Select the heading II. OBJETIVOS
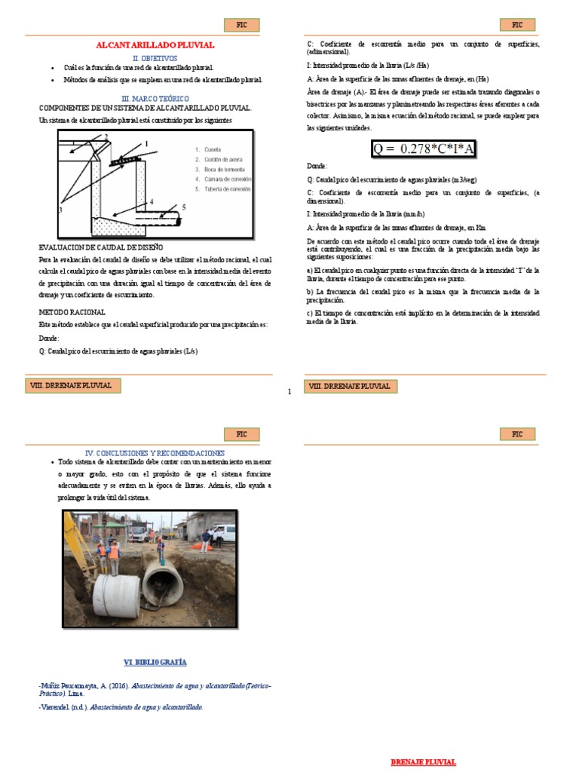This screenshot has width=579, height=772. [155, 58]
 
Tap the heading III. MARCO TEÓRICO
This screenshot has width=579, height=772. [155, 99]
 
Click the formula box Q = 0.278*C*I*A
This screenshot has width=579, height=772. [423, 149]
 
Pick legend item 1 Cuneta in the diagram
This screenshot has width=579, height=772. [207, 150]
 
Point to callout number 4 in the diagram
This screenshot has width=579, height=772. [152, 202]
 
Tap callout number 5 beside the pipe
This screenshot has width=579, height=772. [183, 206]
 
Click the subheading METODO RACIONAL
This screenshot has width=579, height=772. [72, 311]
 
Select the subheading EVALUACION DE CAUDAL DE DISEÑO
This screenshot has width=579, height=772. [100, 247]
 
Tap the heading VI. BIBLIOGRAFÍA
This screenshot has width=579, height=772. [155, 662]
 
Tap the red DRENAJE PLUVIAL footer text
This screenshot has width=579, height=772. [423, 762]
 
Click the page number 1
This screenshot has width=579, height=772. [289, 391]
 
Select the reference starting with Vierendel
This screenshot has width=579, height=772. [121, 707]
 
